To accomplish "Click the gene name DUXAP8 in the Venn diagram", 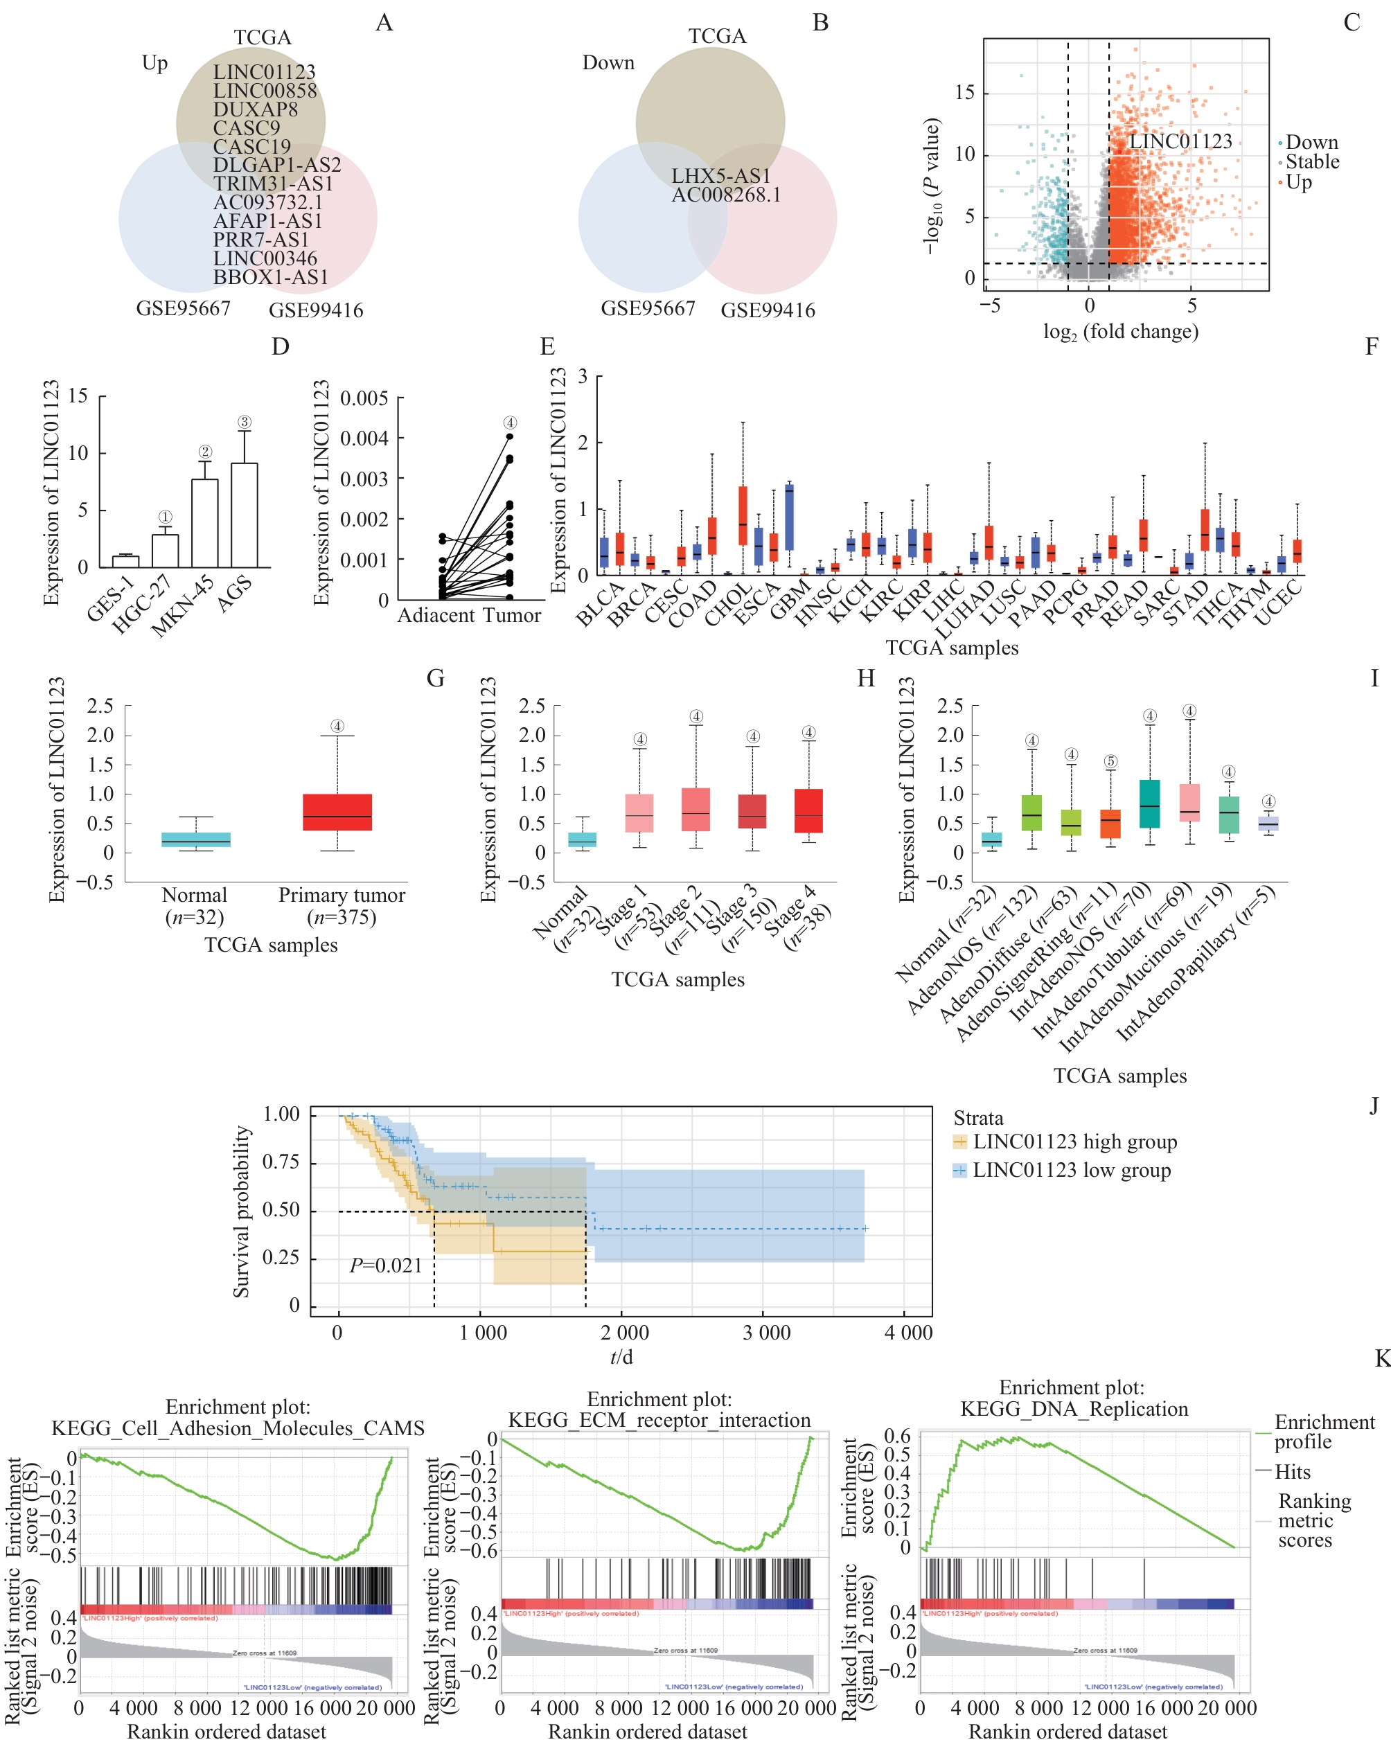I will [x=255, y=109].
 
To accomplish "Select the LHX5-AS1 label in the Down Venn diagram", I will [x=720, y=176].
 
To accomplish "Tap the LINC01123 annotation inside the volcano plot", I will [x=1180, y=141].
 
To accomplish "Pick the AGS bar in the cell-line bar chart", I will [x=245, y=515].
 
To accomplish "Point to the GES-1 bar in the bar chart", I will [x=125, y=561].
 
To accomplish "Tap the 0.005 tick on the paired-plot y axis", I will [x=364, y=399].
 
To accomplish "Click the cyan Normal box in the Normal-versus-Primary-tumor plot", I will [x=196, y=839].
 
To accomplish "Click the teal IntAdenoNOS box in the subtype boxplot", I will [x=1149, y=804].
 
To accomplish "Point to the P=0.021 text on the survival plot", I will [x=386, y=1265].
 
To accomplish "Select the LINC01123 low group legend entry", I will [x=1071, y=1171].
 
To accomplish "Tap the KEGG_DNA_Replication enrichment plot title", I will [x=1074, y=1408].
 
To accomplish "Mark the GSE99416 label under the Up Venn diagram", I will [x=316, y=310].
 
